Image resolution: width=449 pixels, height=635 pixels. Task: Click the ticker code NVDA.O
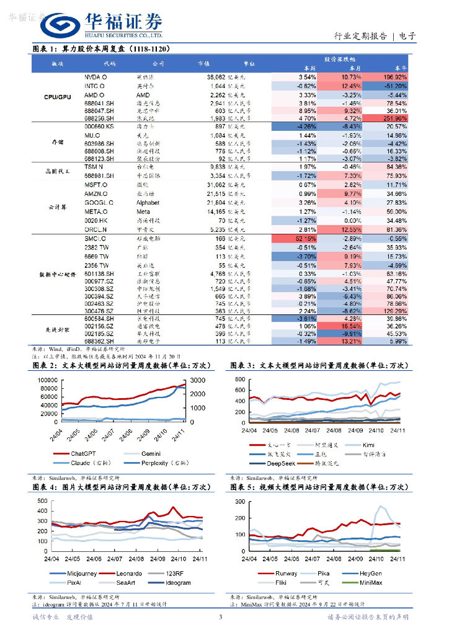[x=96, y=76]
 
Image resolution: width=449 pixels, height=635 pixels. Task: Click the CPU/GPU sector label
[x=57, y=97]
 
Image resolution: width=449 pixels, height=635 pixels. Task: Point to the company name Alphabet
[x=148, y=203]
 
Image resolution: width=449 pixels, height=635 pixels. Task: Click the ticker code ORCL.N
[x=96, y=229]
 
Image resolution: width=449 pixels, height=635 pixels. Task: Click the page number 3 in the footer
[x=221, y=616]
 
